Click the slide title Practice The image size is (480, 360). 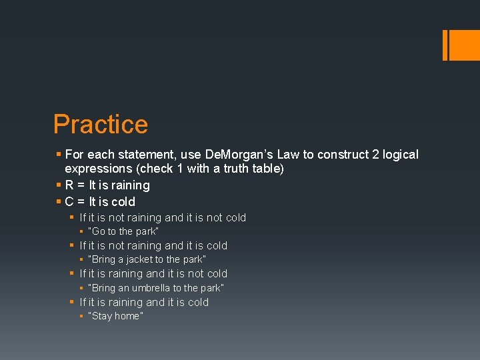click(101, 125)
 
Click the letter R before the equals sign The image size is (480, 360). click(70, 185)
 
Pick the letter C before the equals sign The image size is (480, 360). click(70, 202)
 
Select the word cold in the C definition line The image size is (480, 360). click(123, 202)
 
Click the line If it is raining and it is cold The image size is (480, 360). click(144, 302)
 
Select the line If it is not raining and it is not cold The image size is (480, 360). click(163, 217)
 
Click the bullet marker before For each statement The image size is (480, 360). click(59, 155)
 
